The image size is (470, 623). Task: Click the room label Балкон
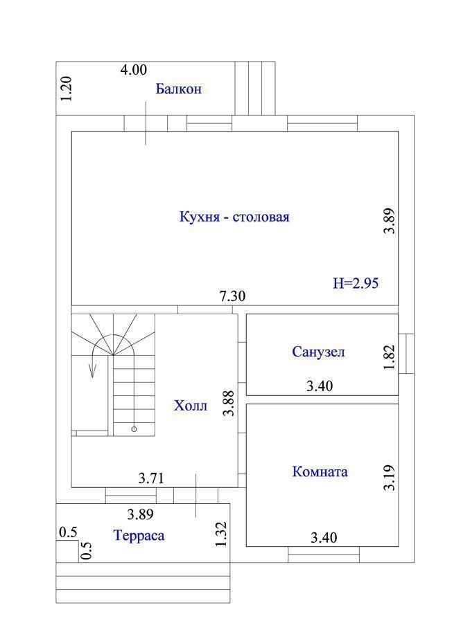(x=178, y=89)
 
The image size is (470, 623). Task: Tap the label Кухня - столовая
(x=234, y=217)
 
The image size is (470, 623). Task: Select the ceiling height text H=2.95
(x=356, y=283)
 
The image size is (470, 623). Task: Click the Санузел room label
(x=318, y=352)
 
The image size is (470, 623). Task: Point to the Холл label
(x=191, y=406)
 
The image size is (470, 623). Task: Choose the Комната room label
(x=320, y=471)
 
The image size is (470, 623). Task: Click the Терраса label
(x=139, y=535)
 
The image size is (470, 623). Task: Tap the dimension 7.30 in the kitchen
(x=232, y=296)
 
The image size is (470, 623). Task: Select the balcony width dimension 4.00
(x=134, y=70)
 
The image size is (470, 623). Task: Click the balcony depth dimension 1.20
(x=66, y=89)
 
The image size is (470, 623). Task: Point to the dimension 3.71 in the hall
(x=151, y=478)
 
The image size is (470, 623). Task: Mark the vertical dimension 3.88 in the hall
(x=229, y=404)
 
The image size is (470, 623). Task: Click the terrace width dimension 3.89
(x=141, y=514)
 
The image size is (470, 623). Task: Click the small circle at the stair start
(x=134, y=428)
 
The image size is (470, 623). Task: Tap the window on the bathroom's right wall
(x=406, y=354)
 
